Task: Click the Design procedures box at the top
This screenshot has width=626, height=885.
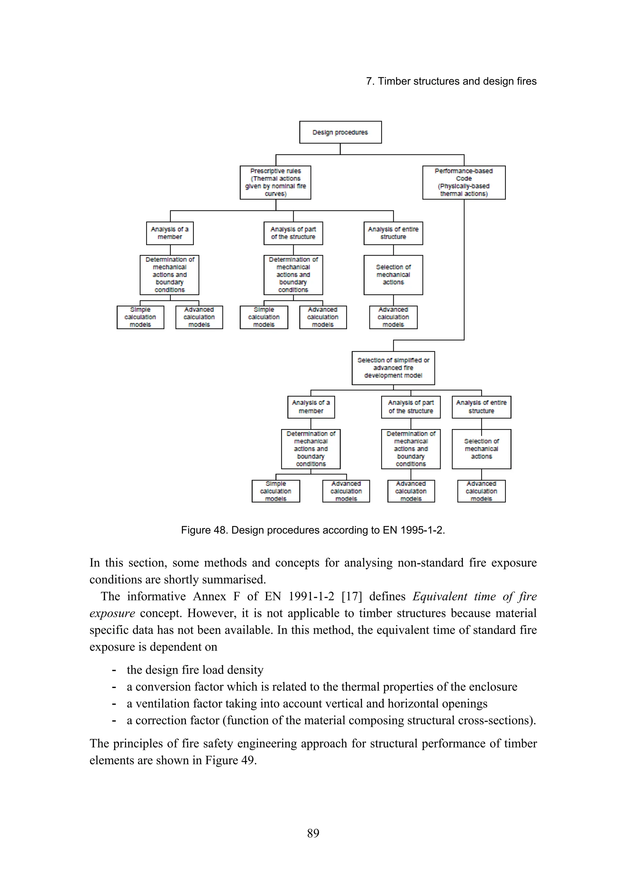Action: (x=340, y=132)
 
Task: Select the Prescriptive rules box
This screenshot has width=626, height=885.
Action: (x=275, y=182)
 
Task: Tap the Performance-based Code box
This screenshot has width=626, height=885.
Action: (x=464, y=182)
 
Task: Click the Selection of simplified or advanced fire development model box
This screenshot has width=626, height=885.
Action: (x=393, y=368)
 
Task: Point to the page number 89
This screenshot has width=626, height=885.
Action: (x=313, y=833)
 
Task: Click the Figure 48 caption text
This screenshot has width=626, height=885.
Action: (x=313, y=530)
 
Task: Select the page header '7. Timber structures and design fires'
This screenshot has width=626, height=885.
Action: (x=451, y=81)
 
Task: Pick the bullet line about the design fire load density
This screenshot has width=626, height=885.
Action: (x=195, y=670)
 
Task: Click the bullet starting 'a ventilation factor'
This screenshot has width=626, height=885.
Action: (x=307, y=704)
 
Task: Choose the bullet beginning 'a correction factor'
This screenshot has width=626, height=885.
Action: (x=331, y=720)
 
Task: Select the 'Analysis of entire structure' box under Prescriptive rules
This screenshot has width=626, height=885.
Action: (x=393, y=233)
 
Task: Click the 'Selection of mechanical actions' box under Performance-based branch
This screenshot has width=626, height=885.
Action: (x=481, y=449)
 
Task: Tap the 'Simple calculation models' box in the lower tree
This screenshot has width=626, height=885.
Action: (x=275, y=491)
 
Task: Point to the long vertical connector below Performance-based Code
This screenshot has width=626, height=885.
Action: (x=464, y=270)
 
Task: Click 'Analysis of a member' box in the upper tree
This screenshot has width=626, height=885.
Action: (x=170, y=233)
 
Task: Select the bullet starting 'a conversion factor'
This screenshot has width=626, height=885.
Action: (x=322, y=687)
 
